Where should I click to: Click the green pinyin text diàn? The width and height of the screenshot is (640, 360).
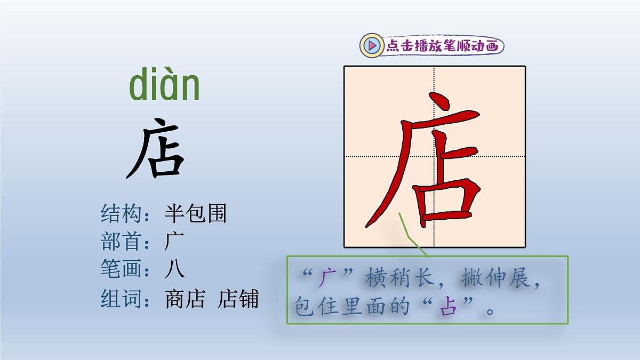[164, 86]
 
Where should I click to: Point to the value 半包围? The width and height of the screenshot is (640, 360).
[196, 214]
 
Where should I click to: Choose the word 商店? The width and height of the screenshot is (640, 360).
[185, 299]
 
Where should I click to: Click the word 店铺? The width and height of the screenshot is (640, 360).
[238, 299]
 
